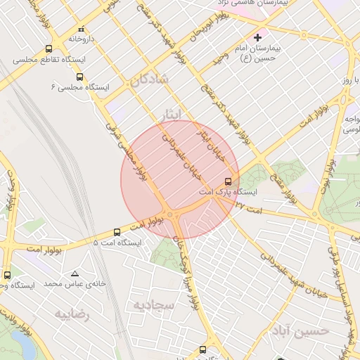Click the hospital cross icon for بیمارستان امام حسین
[257, 37]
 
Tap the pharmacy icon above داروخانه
[82, 30]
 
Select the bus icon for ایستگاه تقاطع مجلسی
[49, 49]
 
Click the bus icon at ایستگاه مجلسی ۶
[79, 77]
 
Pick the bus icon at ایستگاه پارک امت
[227, 181]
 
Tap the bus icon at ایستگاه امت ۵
[117, 232]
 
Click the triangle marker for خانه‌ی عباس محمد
[75, 274]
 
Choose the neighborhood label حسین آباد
[303, 330]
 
